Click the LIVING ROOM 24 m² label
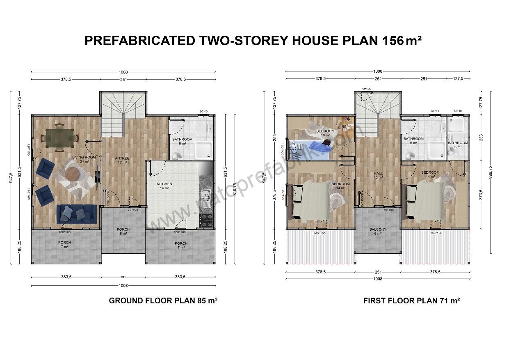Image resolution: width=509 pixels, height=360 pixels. click(84, 159)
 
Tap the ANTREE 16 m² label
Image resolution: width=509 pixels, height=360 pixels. click(122, 161)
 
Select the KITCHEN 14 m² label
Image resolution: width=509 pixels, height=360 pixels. click(164, 186)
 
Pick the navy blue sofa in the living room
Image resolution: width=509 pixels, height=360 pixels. click(77, 213)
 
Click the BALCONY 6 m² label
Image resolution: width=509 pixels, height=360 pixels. click(378, 232)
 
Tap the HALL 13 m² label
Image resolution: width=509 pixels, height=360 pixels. click(378, 175)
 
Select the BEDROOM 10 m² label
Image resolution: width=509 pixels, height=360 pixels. click(325, 133)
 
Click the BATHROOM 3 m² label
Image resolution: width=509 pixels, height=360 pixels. click(458, 144)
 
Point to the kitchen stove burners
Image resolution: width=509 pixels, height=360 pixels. click(206, 220)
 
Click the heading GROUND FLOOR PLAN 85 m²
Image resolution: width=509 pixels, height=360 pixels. click(163, 300)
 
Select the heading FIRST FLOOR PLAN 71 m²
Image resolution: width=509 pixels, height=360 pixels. click(411, 300)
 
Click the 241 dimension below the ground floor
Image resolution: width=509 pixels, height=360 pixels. click(123, 277)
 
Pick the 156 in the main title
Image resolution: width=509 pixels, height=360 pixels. click(393, 41)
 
